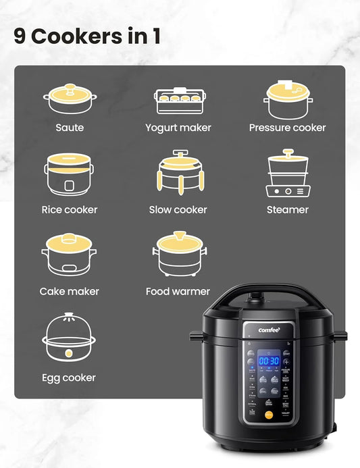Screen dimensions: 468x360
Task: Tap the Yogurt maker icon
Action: (x=178, y=101)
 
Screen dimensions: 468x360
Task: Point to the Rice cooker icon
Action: (x=70, y=175)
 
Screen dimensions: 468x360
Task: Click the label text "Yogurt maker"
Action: (x=178, y=128)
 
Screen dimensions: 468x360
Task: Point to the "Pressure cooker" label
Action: (x=287, y=128)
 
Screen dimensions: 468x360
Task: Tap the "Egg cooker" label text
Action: (x=69, y=378)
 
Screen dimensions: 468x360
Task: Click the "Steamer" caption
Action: (x=287, y=210)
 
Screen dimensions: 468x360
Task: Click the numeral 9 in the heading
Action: (x=20, y=36)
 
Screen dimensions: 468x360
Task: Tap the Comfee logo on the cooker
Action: (x=269, y=330)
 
